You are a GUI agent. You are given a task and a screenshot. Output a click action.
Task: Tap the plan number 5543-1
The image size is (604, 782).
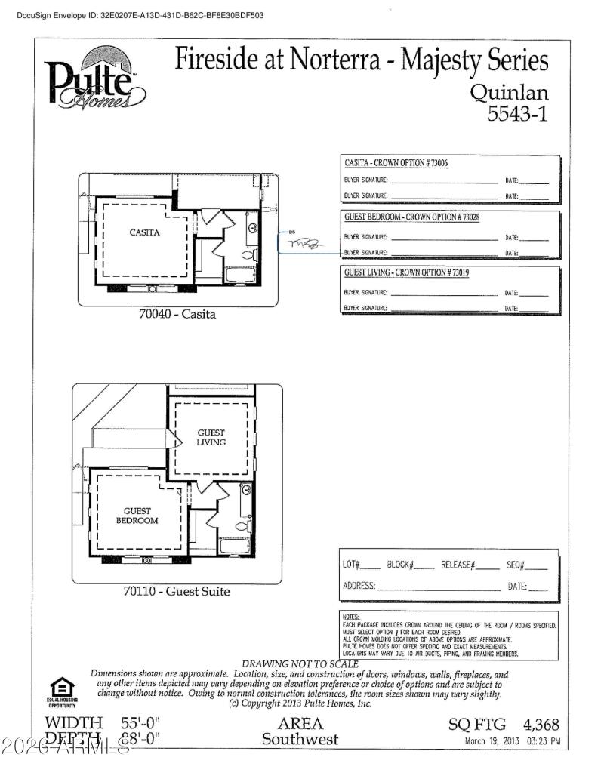tap(518, 114)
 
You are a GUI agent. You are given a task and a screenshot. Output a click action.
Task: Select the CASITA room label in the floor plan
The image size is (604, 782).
tap(143, 232)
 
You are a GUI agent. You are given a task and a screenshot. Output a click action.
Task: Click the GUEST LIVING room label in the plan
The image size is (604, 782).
tap(211, 437)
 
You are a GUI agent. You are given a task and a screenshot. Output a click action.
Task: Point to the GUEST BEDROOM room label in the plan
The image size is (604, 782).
tap(137, 516)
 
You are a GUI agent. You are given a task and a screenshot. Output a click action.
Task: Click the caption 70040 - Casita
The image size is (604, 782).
tap(177, 313)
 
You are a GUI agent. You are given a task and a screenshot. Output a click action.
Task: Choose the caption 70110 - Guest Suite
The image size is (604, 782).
tap(176, 591)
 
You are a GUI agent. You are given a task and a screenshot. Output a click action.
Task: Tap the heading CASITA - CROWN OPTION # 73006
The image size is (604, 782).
tap(396, 163)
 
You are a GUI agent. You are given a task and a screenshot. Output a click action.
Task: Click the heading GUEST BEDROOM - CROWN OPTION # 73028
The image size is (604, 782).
tap(411, 217)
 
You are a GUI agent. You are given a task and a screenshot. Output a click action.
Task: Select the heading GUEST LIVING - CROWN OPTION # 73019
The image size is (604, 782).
tap(406, 272)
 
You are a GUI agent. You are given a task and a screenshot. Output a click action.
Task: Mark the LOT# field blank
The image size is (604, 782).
tap(370, 566)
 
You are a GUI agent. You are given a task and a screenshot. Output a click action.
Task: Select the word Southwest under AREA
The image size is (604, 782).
tap(300, 739)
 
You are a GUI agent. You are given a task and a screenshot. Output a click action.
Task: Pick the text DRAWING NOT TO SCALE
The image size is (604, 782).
tap(300, 663)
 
